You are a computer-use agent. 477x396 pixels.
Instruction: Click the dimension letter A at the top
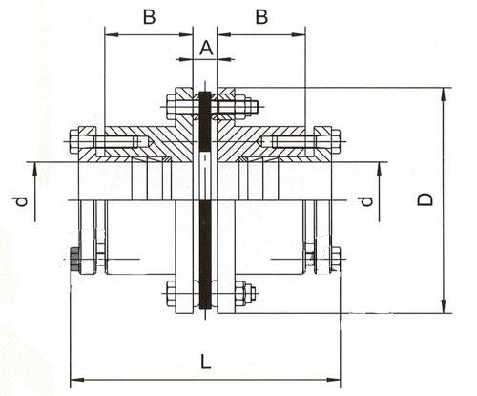(x=205, y=46)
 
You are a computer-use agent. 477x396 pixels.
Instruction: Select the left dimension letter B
(x=149, y=16)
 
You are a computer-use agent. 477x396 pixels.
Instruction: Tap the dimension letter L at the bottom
(x=205, y=360)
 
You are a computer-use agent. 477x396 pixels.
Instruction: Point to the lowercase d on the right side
(x=363, y=201)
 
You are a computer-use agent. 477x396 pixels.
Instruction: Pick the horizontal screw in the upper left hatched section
(x=114, y=143)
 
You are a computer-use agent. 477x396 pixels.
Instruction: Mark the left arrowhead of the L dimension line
(x=76, y=376)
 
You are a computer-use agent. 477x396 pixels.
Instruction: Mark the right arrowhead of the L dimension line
(x=337, y=376)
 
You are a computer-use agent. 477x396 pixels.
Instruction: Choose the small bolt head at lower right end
(x=335, y=258)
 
